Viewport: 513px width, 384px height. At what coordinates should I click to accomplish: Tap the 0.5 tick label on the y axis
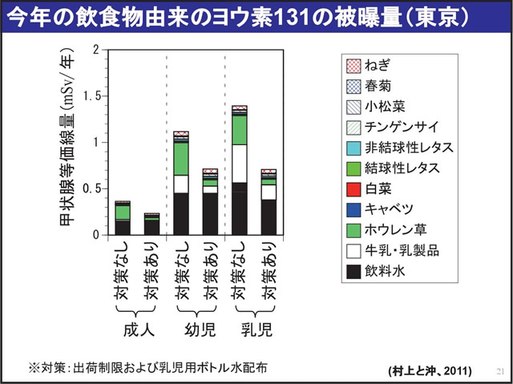(x=98, y=189)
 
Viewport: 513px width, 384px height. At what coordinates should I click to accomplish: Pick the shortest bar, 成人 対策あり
(x=151, y=224)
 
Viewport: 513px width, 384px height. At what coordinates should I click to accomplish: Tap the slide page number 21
(x=499, y=371)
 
